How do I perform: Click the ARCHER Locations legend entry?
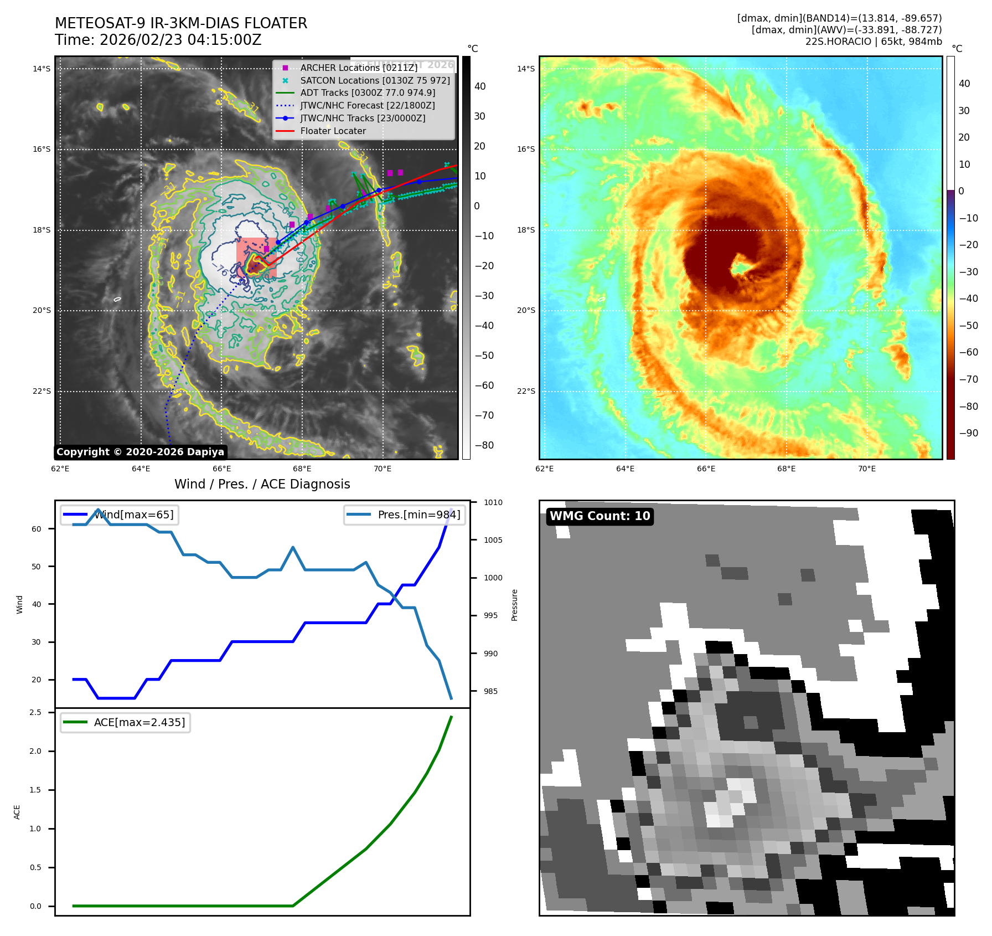(x=359, y=68)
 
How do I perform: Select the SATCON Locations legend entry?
(x=375, y=80)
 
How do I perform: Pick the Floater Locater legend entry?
(x=333, y=131)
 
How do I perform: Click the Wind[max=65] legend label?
(x=133, y=515)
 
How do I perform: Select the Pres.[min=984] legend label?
(x=418, y=515)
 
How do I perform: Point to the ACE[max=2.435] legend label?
(x=139, y=722)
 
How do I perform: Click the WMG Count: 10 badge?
(x=600, y=516)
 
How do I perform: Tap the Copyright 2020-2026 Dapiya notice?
(x=140, y=452)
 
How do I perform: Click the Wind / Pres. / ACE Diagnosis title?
(x=262, y=484)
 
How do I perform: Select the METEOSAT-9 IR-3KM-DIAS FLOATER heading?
(x=180, y=23)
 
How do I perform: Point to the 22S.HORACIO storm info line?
(x=873, y=42)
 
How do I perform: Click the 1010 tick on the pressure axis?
(x=493, y=502)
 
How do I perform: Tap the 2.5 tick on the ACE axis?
(x=35, y=712)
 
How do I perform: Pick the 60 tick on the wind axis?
(x=36, y=529)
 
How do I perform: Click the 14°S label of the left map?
(x=41, y=69)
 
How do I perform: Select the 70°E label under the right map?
(x=866, y=469)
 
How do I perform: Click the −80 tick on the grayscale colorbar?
(x=484, y=445)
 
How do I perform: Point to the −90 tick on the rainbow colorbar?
(x=968, y=433)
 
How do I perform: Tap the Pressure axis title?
(x=514, y=605)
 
